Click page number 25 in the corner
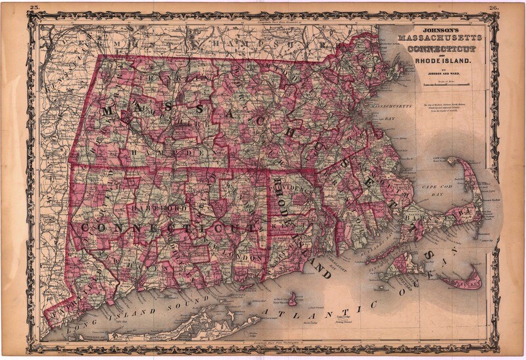tap(36, 7)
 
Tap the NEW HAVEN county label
tap(158, 259)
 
